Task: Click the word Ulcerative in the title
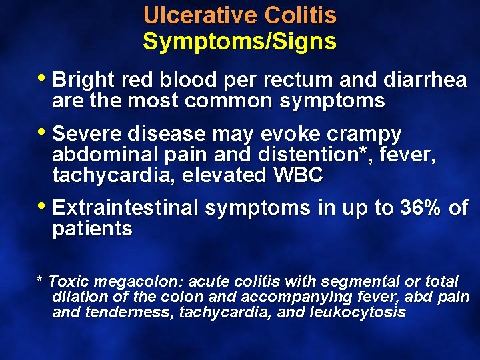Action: tap(200, 15)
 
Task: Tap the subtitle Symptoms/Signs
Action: tap(240, 42)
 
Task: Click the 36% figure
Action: tap(419, 208)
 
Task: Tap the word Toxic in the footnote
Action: tap(69, 282)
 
